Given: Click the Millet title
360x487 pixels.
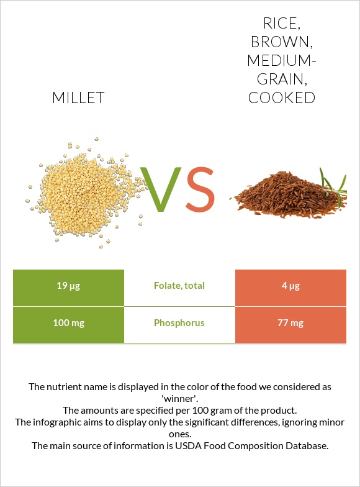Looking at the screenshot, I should [x=78, y=98].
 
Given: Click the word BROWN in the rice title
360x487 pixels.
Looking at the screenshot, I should [x=281, y=42].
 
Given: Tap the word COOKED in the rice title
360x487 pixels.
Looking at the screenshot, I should [x=281, y=98].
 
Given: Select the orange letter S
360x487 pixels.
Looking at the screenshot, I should [x=199, y=189].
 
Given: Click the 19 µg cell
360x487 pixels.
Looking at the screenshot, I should [x=68, y=286].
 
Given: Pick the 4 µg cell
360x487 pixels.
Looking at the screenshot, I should [x=290, y=286].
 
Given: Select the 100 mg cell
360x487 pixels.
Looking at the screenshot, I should [x=68, y=323].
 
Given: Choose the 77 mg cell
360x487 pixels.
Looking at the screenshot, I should [x=290, y=323].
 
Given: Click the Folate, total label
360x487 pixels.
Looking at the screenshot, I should [x=179, y=286].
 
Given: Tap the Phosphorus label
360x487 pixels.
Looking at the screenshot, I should [x=179, y=323].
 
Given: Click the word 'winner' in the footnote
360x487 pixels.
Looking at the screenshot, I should [x=179, y=398].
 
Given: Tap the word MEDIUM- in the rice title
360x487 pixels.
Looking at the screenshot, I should [x=281, y=61].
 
